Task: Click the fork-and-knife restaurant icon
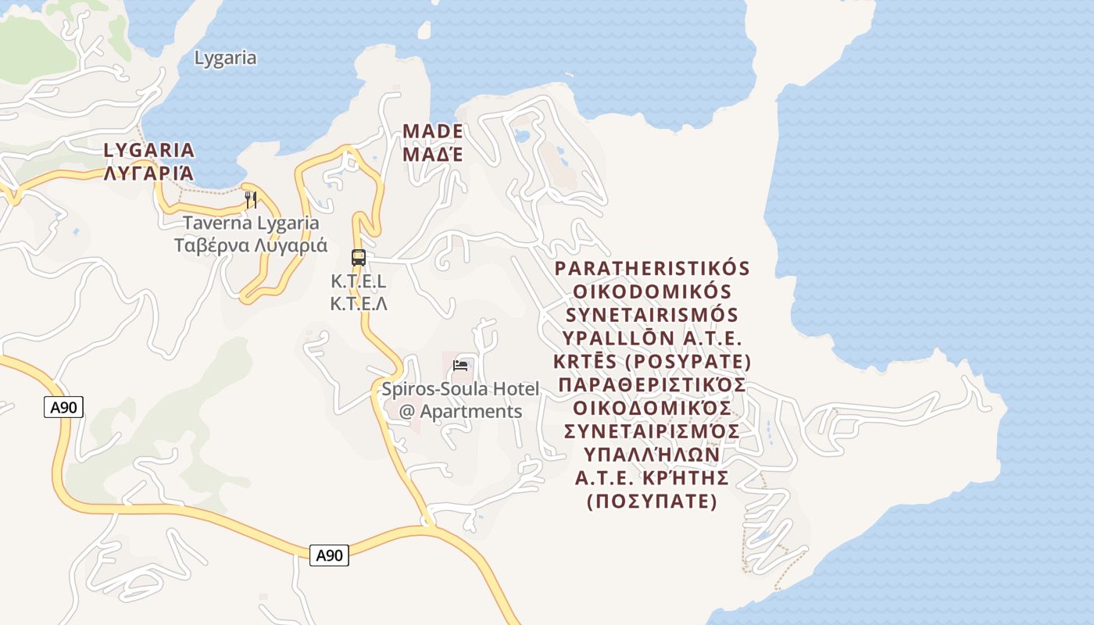point(251,199)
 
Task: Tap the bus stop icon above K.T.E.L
point(359,257)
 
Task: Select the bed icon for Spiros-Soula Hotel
point(460,365)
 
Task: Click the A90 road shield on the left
point(63,407)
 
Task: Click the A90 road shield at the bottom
point(329,555)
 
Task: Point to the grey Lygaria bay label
point(225,58)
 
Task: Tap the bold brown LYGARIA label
point(149,149)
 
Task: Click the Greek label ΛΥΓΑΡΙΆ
point(149,173)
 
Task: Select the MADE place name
point(432,130)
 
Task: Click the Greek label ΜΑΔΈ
point(432,154)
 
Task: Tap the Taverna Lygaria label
point(251,223)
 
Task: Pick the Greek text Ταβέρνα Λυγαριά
point(251,245)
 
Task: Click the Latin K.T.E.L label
point(359,281)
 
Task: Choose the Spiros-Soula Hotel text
point(460,388)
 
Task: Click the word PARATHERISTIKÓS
point(652,269)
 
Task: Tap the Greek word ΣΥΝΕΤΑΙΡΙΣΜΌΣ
point(652,431)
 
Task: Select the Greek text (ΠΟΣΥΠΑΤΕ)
point(652,501)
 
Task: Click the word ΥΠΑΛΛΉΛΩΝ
point(652,454)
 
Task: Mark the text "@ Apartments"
point(460,411)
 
